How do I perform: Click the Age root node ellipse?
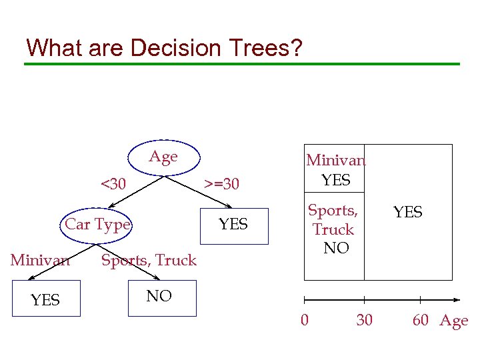click(163, 158)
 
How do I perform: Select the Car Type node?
click(97, 225)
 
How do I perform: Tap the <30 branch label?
click(113, 183)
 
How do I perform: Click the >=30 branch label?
click(221, 183)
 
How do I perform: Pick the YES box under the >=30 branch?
click(233, 225)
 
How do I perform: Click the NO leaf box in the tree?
click(159, 297)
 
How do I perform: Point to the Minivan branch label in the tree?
click(40, 260)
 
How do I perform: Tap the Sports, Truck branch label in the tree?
click(149, 260)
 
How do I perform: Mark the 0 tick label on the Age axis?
click(305, 320)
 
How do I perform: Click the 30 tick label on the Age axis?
click(364, 320)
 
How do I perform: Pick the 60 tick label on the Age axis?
click(420, 320)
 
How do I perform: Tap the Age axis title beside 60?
click(453, 321)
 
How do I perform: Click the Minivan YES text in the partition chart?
click(335, 170)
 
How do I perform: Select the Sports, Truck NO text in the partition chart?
click(334, 229)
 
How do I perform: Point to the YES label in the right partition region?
click(407, 212)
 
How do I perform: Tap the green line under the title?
click(241, 64)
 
